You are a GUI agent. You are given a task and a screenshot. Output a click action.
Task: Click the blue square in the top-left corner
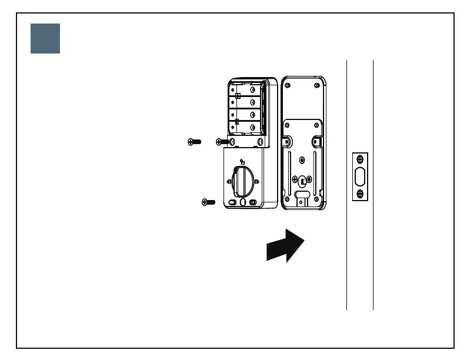pyautogui.click(x=45, y=39)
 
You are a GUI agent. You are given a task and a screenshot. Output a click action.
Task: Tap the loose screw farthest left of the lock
pyautogui.click(x=194, y=141)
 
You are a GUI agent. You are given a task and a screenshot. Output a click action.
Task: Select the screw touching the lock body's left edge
pyautogui.click(x=223, y=141)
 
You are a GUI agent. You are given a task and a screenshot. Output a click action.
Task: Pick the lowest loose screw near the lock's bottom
pyautogui.click(x=208, y=202)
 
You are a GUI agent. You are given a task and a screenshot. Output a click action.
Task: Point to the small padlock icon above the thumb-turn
pyautogui.click(x=242, y=162)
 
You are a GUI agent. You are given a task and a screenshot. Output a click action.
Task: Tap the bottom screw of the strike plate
pyautogui.click(x=360, y=193)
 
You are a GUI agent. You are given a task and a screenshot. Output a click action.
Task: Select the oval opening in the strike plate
pyautogui.click(x=360, y=176)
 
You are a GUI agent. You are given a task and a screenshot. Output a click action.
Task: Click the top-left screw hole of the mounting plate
pyautogui.click(x=288, y=85)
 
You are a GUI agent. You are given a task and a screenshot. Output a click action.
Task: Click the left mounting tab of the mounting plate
pyautogui.click(x=289, y=141)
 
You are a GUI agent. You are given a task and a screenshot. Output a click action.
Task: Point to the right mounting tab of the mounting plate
pyautogui.click(x=316, y=142)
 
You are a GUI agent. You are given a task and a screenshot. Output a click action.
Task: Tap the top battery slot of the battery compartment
pyautogui.click(x=243, y=90)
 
